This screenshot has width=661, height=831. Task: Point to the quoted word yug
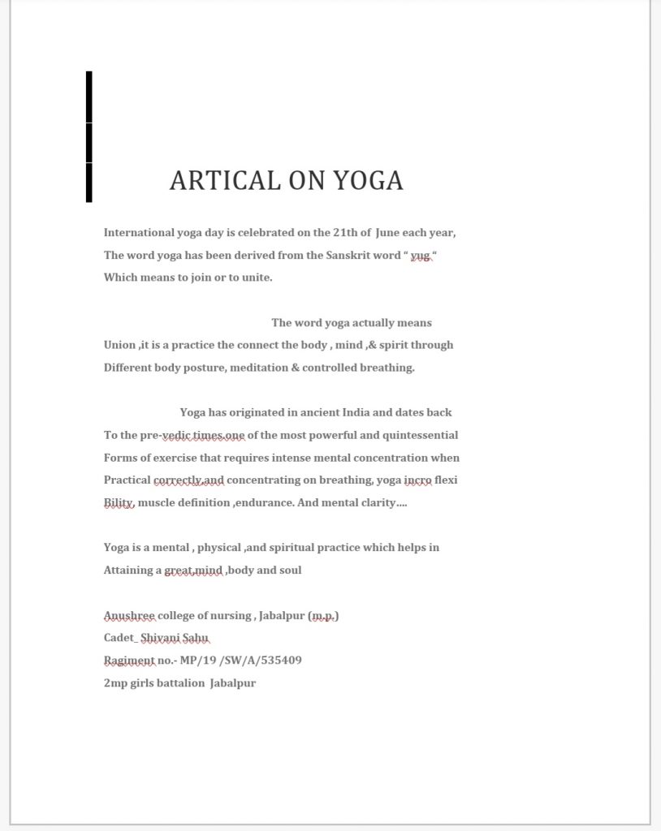point(420,255)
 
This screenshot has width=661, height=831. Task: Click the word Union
point(120,345)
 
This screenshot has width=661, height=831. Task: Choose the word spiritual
point(292,548)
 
